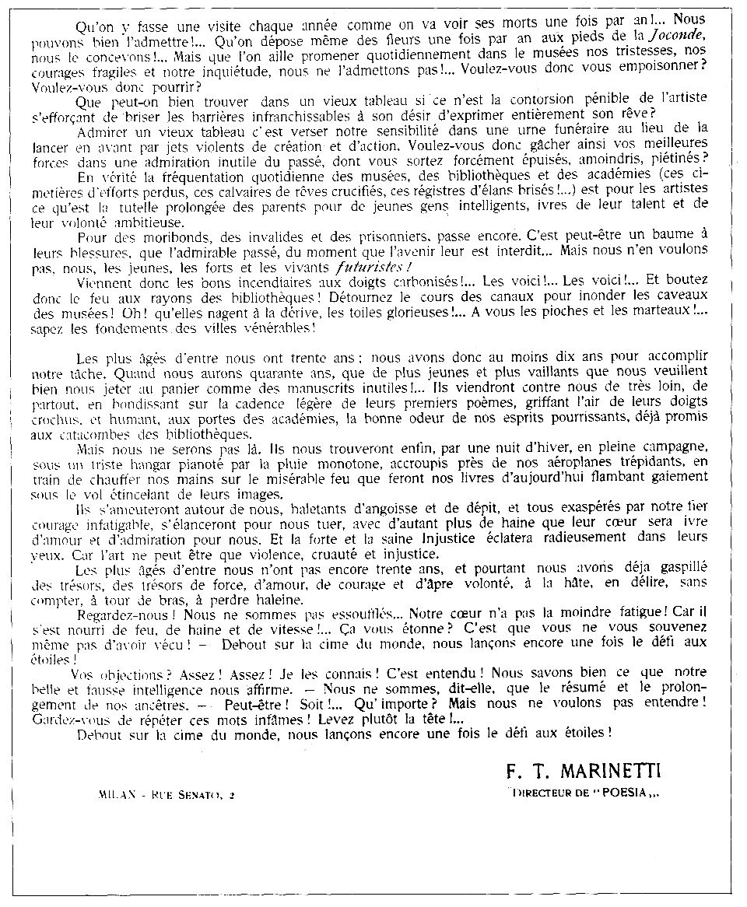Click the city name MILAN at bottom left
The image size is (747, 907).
tap(116, 795)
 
